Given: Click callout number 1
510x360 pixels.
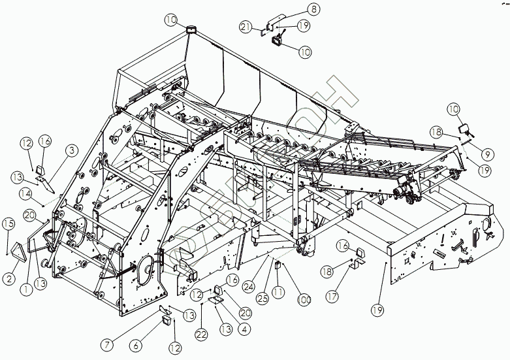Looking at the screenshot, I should click(27, 286).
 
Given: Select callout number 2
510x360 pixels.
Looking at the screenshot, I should click(9, 278).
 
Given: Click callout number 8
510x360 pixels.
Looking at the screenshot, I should click(314, 9).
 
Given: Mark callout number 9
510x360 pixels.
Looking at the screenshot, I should click(487, 155).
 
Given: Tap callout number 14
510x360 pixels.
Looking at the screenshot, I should click(25, 193).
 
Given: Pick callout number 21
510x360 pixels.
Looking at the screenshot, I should click(246, 27).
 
